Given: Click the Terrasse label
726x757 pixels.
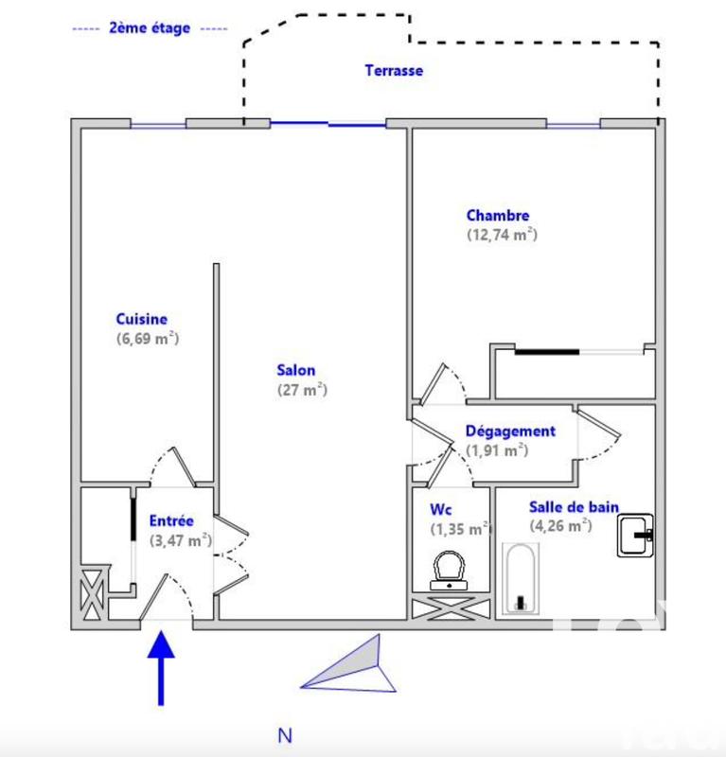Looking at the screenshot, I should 394,70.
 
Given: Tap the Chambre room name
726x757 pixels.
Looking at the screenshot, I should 497,216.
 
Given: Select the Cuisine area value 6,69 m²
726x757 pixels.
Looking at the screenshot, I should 147,339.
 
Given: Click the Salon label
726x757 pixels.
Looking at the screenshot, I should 296,370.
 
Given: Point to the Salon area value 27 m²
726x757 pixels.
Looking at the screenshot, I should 301,389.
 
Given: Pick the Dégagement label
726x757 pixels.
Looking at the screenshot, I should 509,431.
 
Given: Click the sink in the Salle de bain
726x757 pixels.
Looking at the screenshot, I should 635,535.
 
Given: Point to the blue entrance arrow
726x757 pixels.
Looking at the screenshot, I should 162,666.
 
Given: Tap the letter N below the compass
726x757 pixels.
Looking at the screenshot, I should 285,735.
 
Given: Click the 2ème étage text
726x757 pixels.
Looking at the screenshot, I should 150,27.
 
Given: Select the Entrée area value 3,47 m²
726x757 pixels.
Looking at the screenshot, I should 180,540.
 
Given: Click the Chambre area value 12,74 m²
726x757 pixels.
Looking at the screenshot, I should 502,236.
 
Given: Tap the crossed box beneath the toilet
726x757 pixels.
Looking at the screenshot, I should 451,607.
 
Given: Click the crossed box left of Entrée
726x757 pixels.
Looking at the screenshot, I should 93,594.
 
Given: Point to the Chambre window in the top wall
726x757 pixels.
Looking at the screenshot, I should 573,124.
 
